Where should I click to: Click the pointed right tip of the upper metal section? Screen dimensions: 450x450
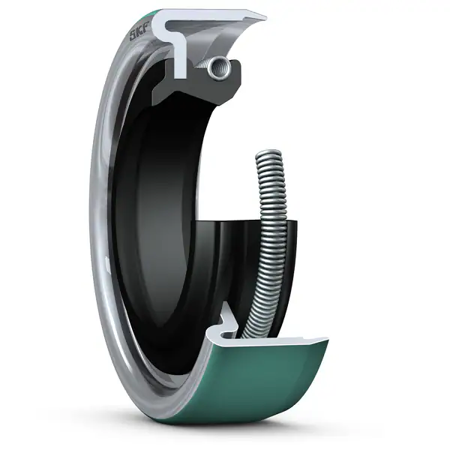[264, 16]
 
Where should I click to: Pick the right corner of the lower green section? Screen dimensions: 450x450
[327, 341]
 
